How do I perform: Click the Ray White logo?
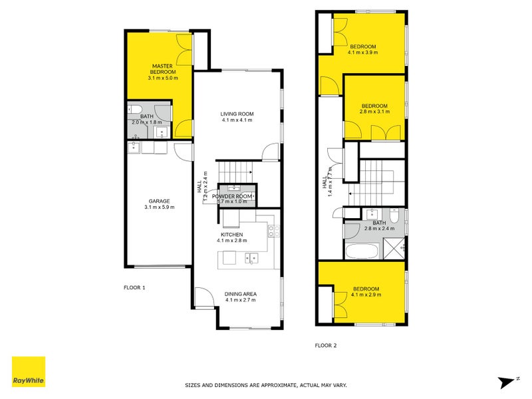click(x=29, y=372)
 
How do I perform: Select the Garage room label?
click(x=160, y=201)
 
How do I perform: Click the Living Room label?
click(x=237, y=114)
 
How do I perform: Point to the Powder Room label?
click(x=232, y=197)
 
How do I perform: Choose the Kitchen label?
click(x=232, y=235)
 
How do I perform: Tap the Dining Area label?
click(x=241, y=294)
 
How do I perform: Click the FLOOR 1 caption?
click(x=134, y=288)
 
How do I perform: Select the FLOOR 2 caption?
click(x=326, y=345)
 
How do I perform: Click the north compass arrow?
click(x=508, y=381)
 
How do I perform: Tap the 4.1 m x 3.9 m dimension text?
click(x=363, y=52)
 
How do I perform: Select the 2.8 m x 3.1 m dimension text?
click(x=374, y=112)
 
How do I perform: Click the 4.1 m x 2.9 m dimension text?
click(x=366, y=295)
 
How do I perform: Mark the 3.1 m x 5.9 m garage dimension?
click(x=160, y=207)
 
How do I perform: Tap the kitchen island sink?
click(x=251, y=257)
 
